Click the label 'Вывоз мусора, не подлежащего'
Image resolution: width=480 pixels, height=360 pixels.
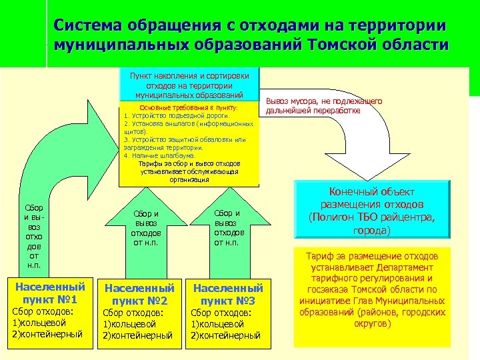click(x=323, y=102)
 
